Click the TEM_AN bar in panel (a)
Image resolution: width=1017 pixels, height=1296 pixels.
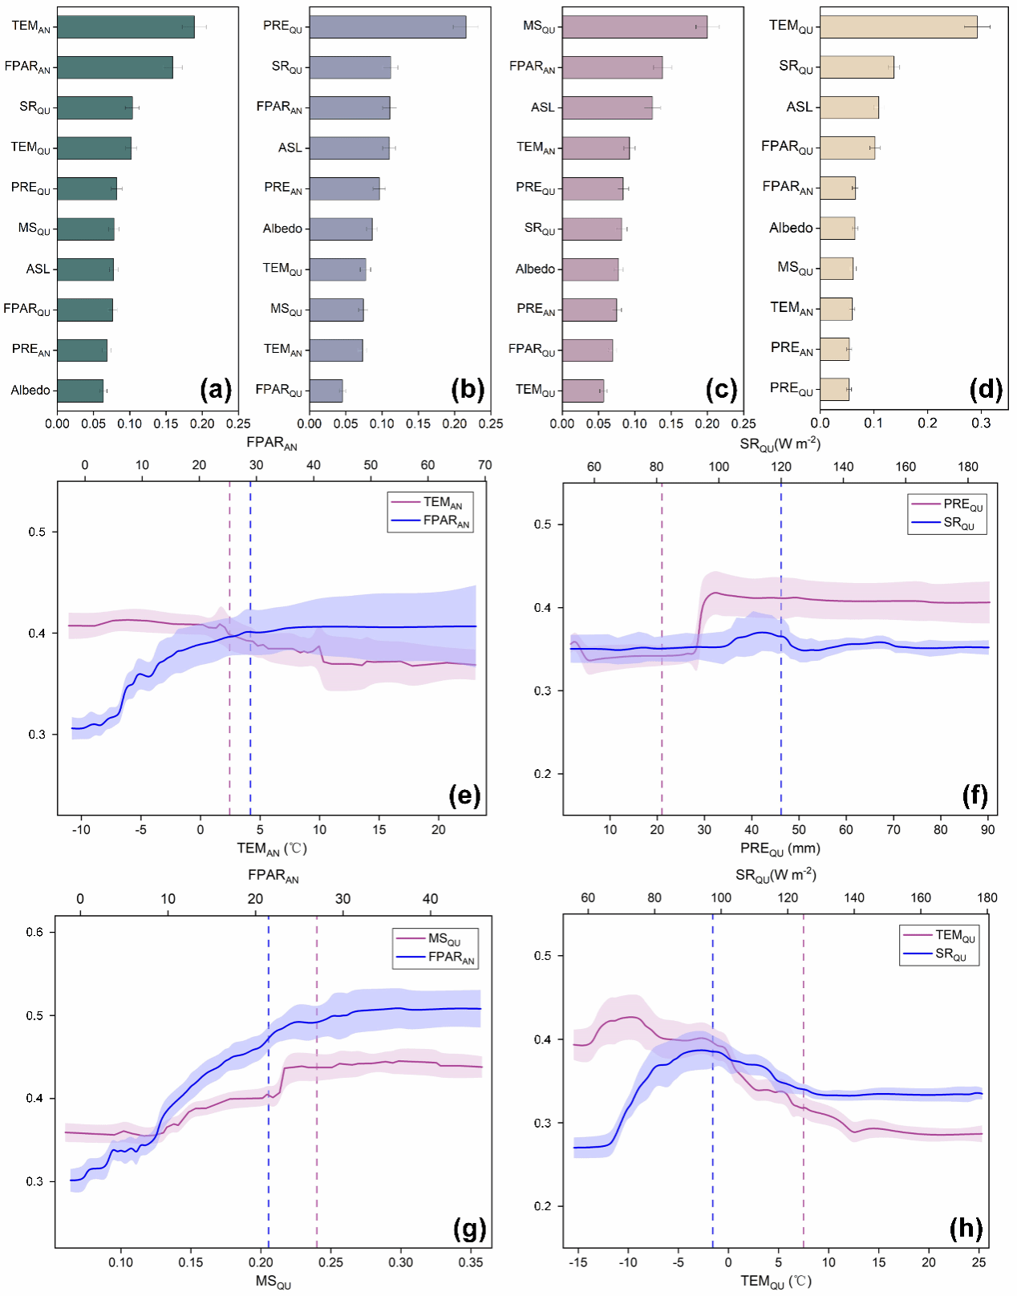pos(125,26)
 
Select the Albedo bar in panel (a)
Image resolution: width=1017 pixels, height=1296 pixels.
pos(80,391)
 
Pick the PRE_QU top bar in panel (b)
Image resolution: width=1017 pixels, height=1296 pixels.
pos(387,26)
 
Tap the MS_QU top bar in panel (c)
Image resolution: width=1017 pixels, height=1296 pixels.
pos(634,26)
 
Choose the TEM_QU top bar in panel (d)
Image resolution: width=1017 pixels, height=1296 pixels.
pos(898,26)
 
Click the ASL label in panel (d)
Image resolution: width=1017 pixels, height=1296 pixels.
pos(799,107)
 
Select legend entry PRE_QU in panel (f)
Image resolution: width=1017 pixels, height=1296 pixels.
pos(962,504)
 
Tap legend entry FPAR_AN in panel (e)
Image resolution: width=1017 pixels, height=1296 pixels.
pos(446,520)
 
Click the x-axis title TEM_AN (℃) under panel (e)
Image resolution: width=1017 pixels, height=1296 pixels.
pos(271,848)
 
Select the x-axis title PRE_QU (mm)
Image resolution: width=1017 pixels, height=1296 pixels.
pos(780,848)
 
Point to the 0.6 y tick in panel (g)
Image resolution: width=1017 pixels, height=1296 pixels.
pos(34,932)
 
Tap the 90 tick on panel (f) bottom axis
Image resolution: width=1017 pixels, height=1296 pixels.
pos(987,829)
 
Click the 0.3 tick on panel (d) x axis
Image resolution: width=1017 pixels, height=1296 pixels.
pos(981,423)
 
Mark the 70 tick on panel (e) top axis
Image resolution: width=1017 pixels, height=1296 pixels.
pos(484,465)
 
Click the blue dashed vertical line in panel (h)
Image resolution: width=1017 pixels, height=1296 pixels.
pos(712,1123)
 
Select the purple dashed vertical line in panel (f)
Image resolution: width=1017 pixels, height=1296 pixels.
pos(662,722)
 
